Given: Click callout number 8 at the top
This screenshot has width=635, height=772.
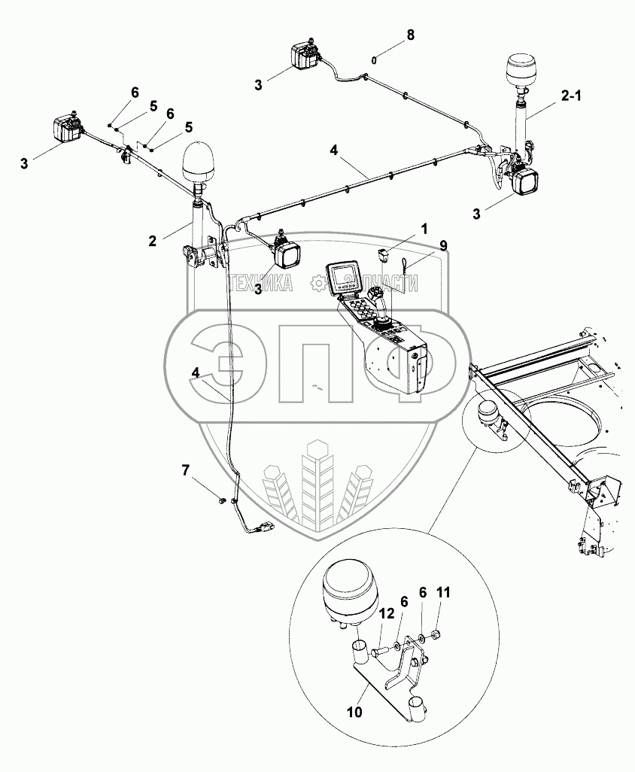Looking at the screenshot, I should tap(409, 35).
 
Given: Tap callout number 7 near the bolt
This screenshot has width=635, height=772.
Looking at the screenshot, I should tap(186, 470).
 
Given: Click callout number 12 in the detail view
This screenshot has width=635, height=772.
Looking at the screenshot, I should tap(386, 615).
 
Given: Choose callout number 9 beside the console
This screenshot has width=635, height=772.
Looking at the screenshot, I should tap(443, 245).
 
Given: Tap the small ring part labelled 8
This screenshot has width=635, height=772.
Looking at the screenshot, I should tap(373, 59).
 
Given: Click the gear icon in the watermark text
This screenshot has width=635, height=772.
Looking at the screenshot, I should tap(318, 283).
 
